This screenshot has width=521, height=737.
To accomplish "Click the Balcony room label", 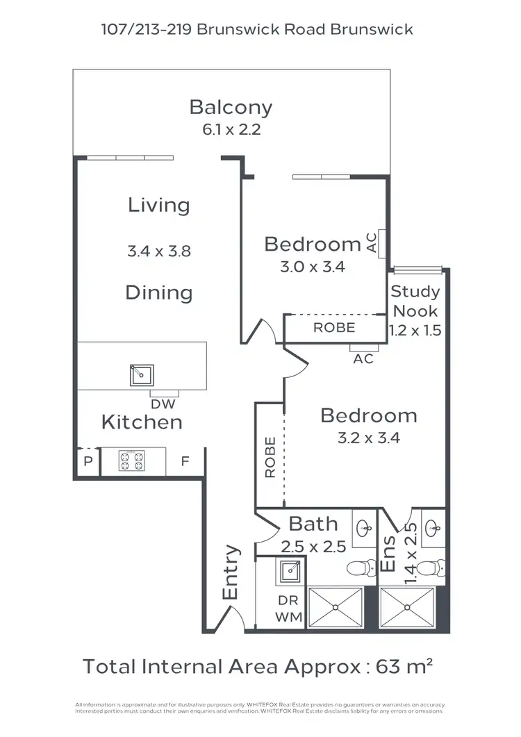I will point(231,108).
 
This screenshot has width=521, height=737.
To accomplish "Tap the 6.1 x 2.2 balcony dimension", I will point(231,129).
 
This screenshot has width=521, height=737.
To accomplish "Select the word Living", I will point(158,205).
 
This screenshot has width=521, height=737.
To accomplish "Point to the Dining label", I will point(158,292).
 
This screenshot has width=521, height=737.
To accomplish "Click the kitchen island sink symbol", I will point(142,375).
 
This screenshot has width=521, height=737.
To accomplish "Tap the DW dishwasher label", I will point(164,404).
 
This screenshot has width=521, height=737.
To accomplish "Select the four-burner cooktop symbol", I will point(131,461).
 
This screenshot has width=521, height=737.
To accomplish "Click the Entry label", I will point(231,572).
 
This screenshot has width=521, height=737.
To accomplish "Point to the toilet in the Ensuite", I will point(433,568).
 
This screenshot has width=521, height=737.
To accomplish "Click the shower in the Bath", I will point(336,608).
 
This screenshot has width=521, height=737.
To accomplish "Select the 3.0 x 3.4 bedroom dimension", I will point(312,266).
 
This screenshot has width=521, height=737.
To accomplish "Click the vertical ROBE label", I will point(270,457).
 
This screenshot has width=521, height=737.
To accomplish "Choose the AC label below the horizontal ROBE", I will point(363,359).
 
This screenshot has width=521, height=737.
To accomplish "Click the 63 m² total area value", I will point(405,667).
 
